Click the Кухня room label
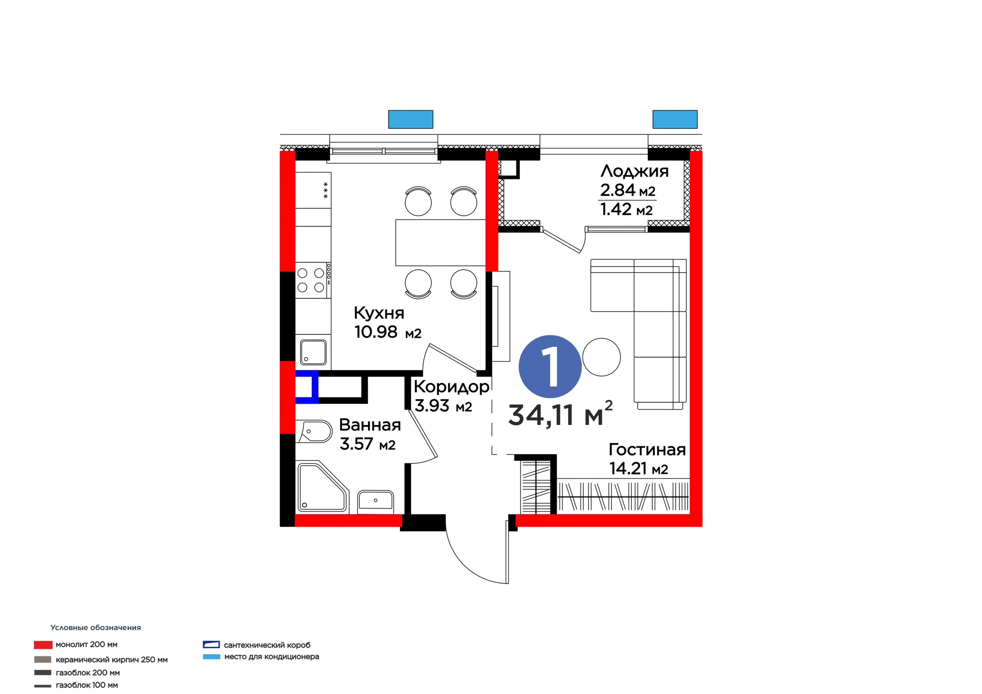(x=379, y=313)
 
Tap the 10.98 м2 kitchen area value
(x=388, y=332)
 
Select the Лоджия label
(x=634, y=171)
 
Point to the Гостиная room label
(x=647, y=450)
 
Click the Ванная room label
(x=370, y=425)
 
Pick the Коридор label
(x=451, y=387)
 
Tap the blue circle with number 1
(x=550, y=367)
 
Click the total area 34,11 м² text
(x=560, y=414)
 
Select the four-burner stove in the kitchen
(x=313, y=280)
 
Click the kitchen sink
(x=313, y=352)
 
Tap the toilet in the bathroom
(x=315, y=431)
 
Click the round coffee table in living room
(x=601, y=357)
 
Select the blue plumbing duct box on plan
(x=306, y=387)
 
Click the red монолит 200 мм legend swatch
(x=43, y=645)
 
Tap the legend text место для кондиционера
(x=272, y=656)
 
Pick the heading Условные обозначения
(x=96, y=627)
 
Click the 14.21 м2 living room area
(x=639, y=469)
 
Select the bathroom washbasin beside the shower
(x=376, y=501)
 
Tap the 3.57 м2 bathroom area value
(x=367, y=444)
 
